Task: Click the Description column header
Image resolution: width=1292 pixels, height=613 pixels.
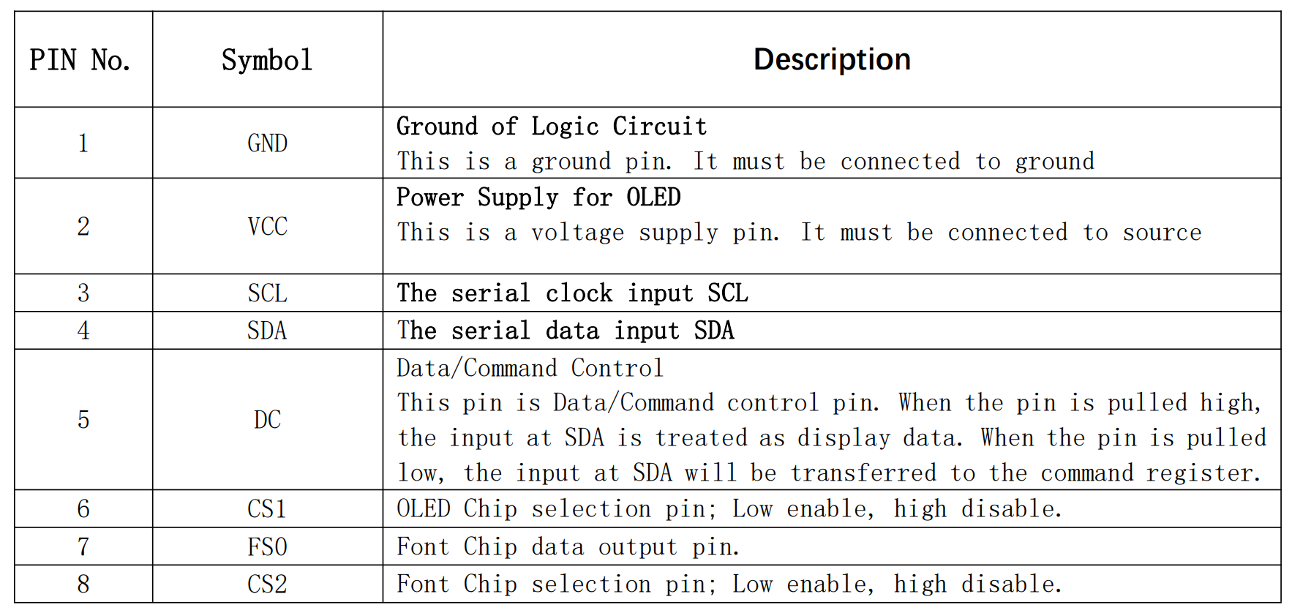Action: [x=832, y=59]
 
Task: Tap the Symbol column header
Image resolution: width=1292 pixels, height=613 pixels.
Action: [x=267, y=60]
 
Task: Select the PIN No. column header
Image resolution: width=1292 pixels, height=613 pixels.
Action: [x=80, y=60]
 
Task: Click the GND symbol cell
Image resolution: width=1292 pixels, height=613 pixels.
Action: [x=267, y=143]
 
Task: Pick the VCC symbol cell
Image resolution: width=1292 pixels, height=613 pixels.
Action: [x=267, y=226]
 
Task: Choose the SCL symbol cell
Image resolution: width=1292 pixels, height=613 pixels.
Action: [x=267, y=293]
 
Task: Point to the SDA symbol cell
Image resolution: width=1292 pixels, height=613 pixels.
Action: [x=267, y=331]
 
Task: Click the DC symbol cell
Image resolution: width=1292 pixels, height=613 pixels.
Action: [x=267, y=419]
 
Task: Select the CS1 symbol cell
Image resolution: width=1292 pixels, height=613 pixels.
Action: [x=267, y=508]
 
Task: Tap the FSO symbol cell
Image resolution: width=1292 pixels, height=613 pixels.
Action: [x=267, y=546]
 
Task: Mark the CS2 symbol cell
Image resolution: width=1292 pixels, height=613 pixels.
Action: [x=267, y=584]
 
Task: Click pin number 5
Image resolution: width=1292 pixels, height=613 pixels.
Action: [x=83, y=419]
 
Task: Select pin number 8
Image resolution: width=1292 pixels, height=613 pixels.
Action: [x=83, y=584]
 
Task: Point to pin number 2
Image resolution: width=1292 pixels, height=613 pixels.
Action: [x=83, y=226]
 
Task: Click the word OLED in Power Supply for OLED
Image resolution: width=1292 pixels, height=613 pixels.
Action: [x=653, y=198]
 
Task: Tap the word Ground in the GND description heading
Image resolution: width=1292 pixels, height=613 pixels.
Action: [x=437, y=127]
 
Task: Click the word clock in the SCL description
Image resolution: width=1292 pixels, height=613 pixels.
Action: [x=579, y=293]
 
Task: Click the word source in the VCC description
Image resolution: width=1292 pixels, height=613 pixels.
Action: [x=1162, y=233]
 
